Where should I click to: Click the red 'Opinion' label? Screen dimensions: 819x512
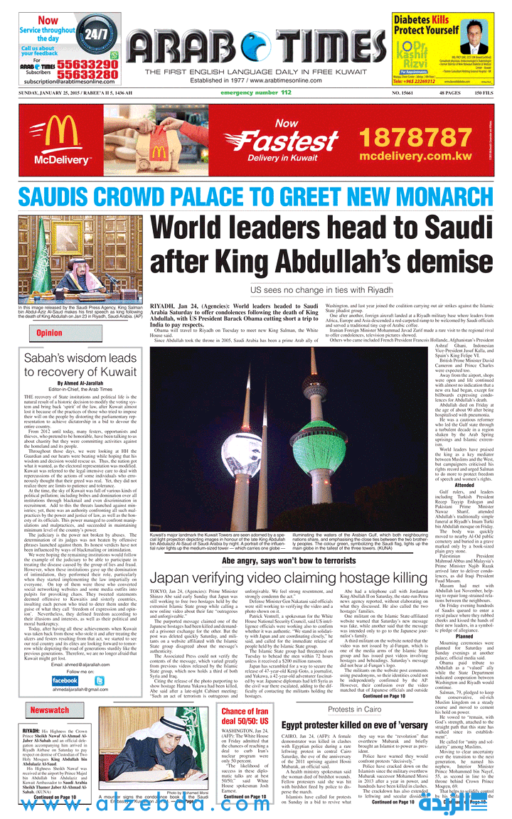49,333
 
